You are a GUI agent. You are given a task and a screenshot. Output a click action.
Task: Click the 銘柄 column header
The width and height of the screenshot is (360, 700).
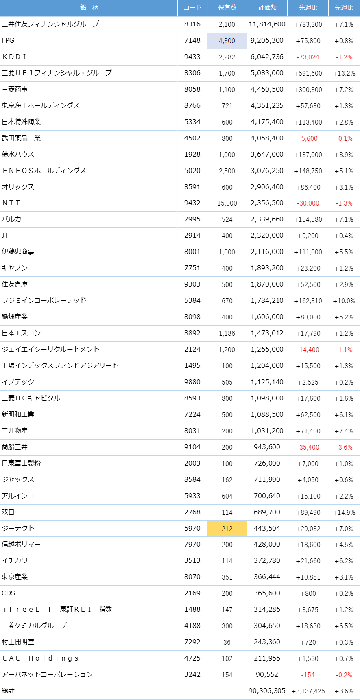click(89, 8)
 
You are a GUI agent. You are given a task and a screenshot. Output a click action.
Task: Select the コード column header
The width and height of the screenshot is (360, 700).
click(192, 8)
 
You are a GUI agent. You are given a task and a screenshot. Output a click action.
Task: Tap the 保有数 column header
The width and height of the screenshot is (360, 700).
click(227, 8)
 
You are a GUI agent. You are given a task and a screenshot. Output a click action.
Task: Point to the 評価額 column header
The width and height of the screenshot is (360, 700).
click(267, 8)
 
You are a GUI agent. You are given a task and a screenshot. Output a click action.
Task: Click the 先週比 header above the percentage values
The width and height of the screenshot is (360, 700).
click(344, 8)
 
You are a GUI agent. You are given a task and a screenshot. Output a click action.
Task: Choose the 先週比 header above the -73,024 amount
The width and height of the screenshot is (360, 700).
click(308, 8)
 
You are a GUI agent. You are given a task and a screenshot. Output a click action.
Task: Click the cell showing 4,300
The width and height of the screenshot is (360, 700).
click(227, 41)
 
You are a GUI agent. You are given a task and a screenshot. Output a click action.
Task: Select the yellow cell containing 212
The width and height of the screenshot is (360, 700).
click(227, 529)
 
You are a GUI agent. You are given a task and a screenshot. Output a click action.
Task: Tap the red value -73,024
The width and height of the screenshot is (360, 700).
click(308, 57)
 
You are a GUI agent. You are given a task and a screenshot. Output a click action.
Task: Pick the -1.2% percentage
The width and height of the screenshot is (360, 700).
click(344, 57)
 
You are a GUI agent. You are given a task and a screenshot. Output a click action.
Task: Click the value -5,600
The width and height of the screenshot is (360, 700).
click(308, 138)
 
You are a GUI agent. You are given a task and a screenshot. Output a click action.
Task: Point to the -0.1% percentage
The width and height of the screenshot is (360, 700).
click(344, 138)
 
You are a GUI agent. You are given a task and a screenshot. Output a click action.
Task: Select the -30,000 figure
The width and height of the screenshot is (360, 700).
click(308, 203)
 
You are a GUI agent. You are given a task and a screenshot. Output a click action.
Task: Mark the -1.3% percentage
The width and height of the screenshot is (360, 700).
click(344, 203)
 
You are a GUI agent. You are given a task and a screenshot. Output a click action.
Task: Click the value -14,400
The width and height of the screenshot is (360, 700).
click(308, 350)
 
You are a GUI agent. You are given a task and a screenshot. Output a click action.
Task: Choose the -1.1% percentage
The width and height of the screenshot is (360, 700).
click(344, 350)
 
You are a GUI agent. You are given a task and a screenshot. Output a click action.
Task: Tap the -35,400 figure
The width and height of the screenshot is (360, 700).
click(308, 447)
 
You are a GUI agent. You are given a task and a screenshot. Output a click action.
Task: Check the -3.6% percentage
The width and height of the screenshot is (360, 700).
click(344, 447)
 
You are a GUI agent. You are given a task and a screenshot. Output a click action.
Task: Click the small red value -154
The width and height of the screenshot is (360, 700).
click(308, 675)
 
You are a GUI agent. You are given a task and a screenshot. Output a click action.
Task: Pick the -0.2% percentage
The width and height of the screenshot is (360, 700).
click(344, 675)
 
